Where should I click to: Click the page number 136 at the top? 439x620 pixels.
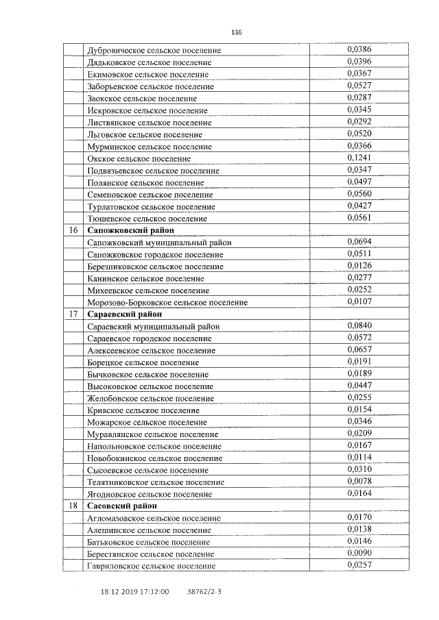coord(237,32)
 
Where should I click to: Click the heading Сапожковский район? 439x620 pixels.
coord(131,230)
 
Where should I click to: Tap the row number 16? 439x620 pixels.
coord(73,230)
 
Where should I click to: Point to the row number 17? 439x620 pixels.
coord(73,314)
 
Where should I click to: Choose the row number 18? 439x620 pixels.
coord(73,505)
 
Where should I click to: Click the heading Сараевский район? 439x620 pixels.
coord(125,314)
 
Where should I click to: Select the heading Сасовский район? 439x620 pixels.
coord(122,505)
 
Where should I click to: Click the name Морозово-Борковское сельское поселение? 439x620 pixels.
coord(167,302)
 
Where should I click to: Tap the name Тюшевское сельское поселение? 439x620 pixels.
coord(147,219)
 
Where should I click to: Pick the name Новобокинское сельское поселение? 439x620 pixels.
coord(155,458)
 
